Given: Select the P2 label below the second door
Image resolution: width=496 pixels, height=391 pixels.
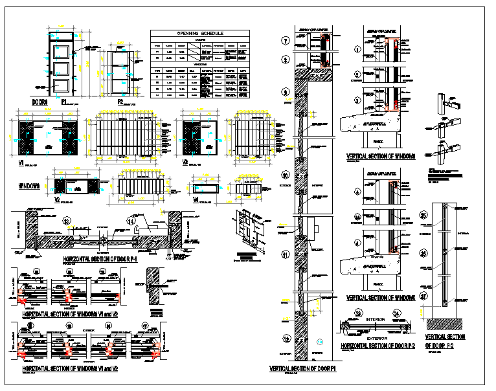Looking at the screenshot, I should coord(120,102).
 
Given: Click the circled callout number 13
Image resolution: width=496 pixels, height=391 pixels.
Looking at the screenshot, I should coord(66,221).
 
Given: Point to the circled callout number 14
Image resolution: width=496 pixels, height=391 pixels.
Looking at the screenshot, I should coord(131,221).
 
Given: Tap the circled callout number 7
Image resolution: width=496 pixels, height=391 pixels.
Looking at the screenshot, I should coord(286,41).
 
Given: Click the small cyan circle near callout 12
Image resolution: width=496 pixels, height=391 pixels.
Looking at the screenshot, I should coord(319,341).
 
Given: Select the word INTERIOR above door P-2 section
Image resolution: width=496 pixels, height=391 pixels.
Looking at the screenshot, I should coord(375,319).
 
